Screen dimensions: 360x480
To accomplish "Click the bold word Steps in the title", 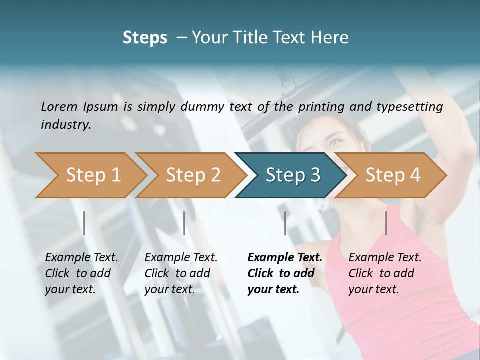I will (145, 38).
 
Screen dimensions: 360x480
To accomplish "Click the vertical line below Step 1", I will (84, 223).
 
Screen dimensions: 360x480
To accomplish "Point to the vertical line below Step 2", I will (184, 223).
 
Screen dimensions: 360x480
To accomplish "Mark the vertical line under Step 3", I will (285, 223).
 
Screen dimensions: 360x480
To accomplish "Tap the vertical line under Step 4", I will (386, 223).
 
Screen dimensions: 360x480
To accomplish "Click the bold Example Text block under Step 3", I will (285, 273).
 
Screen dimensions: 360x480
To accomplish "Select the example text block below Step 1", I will (81, 273).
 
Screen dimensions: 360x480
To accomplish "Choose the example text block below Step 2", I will (181, 273).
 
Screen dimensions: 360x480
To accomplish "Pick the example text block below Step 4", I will (385, 273).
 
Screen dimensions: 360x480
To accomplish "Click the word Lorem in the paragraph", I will (59, 106).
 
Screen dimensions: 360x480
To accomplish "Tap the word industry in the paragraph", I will (65, 124).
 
